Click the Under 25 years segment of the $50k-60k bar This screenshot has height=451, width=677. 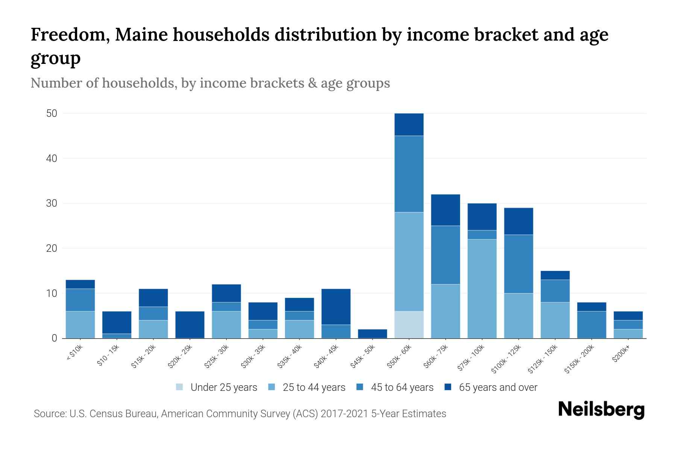pos(409,325)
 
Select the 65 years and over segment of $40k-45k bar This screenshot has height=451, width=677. pos(336,307)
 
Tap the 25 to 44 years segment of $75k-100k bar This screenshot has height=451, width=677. pos(482,289)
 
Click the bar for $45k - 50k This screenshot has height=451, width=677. pos(372,334)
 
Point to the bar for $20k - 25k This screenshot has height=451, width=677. pos(190,325)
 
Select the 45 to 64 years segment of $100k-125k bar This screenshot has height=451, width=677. pos(518,264)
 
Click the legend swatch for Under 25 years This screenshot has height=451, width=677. pos(180,387)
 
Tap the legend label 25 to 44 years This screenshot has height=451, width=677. pos(314,387)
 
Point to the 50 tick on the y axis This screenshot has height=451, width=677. pos(52,114)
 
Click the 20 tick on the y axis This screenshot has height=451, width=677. pos(52,248)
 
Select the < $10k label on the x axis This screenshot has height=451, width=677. pos(74,353)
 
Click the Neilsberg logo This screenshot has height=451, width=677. pos(601,410)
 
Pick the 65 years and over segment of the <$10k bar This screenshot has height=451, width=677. pos(80,284)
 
